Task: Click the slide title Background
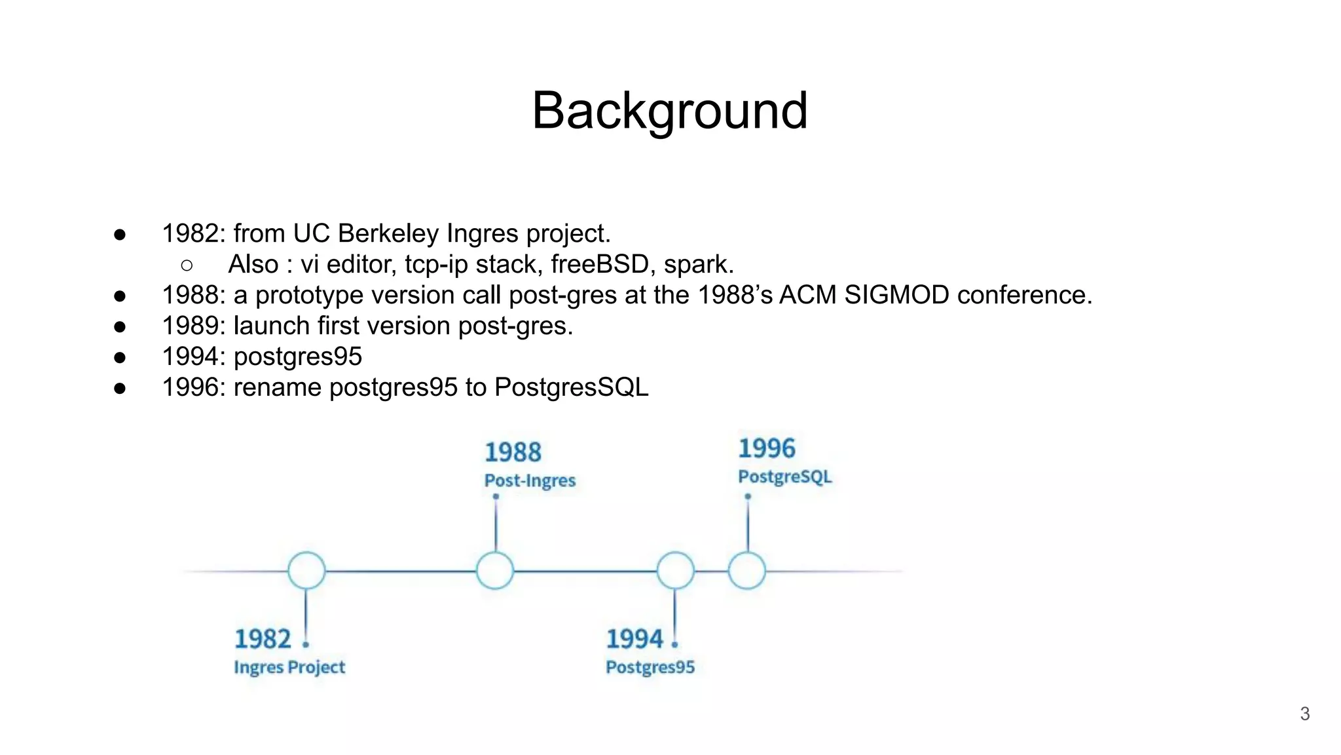tap(669, 111)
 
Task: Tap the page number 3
tap(1304, 714)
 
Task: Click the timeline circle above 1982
tap(306, 570)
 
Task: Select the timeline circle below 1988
tap(495, 570)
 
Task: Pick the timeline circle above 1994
tap(675, 570)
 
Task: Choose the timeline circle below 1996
tap(747, 570)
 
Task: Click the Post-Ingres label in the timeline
tap(530, 480)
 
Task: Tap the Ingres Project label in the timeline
tap(289, 667)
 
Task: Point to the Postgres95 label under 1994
tap(650, 667)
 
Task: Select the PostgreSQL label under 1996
tap(784, 476)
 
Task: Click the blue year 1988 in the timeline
tap(513, 452)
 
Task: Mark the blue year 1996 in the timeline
tap(766, 448)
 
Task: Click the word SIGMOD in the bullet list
tap(896, 295)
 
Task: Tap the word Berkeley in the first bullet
tap(390, 233)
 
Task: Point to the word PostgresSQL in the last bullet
tap(571, 387)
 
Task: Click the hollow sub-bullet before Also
tap(187, 265)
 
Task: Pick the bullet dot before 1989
tap(120, 326)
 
